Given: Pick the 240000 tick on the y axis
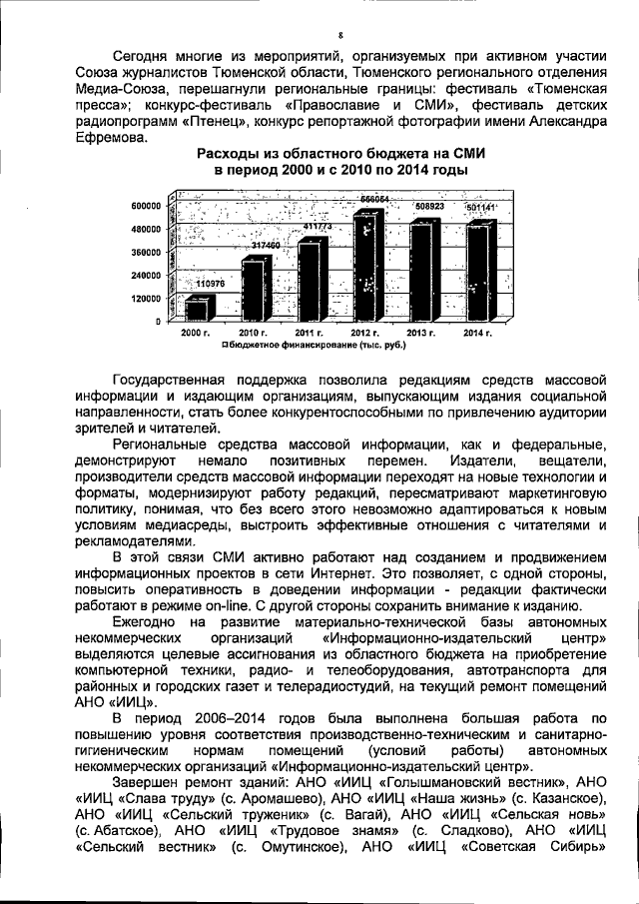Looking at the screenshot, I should coord(147,275).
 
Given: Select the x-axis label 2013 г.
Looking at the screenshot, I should coord(423,332).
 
